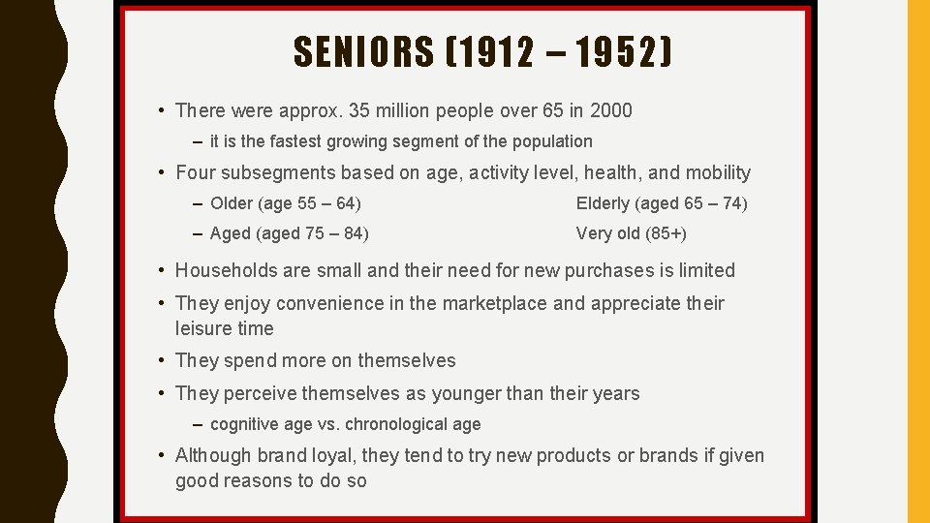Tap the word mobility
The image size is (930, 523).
pyautogui.click(x=718, y=173)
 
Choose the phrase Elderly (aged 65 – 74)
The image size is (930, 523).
pyautogui.click(x=662, y=203)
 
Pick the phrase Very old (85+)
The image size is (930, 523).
pyautogui.click(x=631, y=233)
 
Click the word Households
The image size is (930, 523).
pyautogui.click(x=229, y=270)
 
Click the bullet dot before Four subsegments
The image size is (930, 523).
pyautogui.click(x=163, y=173)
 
